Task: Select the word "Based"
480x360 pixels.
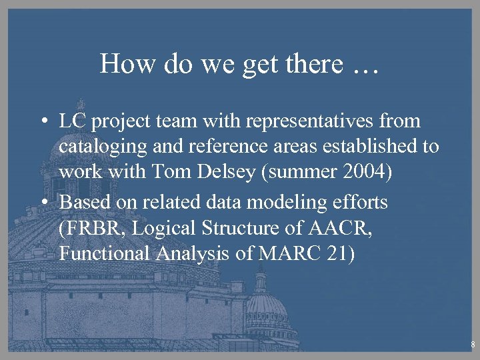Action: (84, 202)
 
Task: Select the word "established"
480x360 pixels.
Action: (375, 146)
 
